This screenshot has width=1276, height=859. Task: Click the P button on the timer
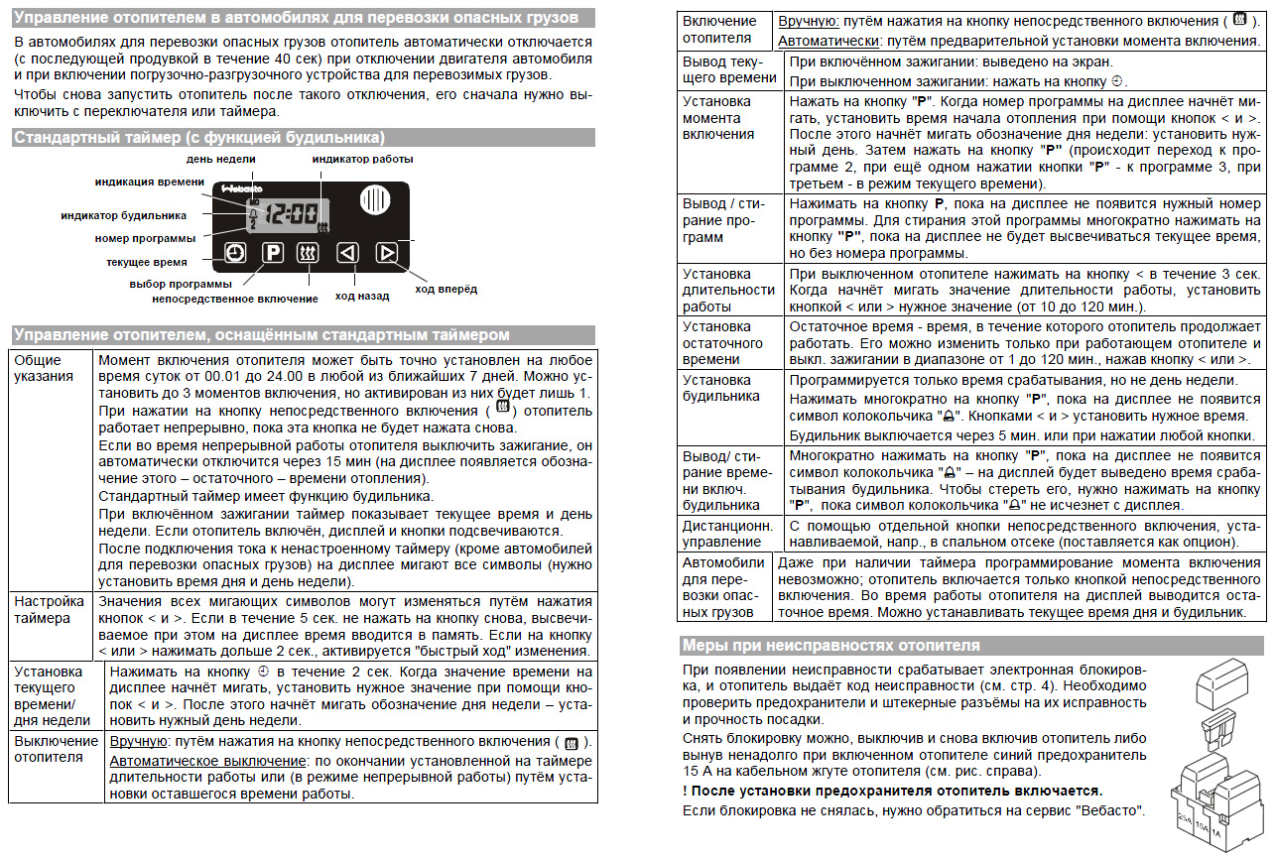pyautogui.click(x=273, y=253)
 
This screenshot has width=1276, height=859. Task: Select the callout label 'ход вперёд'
pyautogui.click(x=446, y=289)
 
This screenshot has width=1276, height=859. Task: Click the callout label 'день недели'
pyautogui.click(x=220, y=159)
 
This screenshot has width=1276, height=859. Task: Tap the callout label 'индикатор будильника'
pyautogui.click(x=124, y=215)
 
